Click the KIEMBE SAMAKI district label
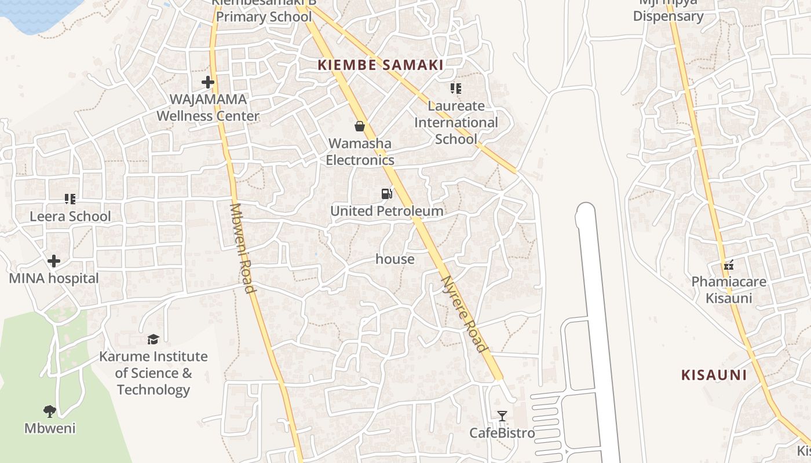click(x=381, y=65)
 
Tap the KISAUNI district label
click(x=714, y=375)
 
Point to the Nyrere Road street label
click(x=463, y=313)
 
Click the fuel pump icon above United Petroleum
click(x=386, y=194)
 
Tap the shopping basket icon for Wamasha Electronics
click(x=360, y=126)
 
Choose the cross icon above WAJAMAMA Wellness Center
click(x=208, y=82)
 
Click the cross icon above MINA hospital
click(x=54, y=261)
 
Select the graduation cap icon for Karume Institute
click(x=153, y=339)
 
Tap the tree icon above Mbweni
click(x=50, y=411)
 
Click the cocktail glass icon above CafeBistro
click(x=502, y=416)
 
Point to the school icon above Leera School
click(x=70, y=199)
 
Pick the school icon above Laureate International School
click(x=456, y=89)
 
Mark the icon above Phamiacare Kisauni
click(x=729, y=265)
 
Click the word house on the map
click(x=395, y=259)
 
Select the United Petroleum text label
click(x=387, y=211)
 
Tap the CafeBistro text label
click(x=502, y=433)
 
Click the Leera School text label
click(x=70, y=216)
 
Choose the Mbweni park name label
click(x=50, y=429)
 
